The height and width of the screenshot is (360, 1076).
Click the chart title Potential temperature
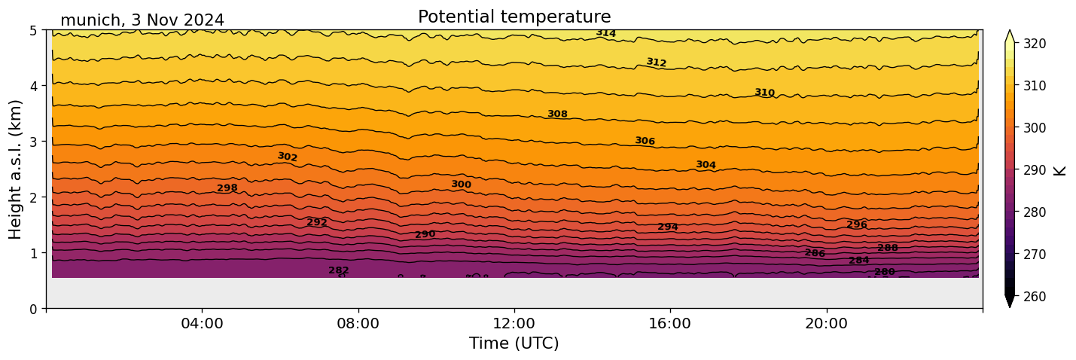(x=514, y=17)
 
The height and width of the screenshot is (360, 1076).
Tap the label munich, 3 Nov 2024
(x=142, y=20)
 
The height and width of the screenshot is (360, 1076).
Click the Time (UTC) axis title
(x=514, y=343)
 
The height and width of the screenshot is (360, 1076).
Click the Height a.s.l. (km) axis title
(x=16, y=169)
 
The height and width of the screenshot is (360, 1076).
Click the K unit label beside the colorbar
(x=1060, y=170)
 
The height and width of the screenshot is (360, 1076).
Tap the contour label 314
(x=606, y=33)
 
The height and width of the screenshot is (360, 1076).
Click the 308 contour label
(x=557, y=114)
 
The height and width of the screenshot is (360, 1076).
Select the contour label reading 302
(x=288, y=157)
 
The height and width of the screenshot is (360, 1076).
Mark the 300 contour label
(x=461, y=185)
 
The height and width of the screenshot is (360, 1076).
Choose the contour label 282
(x=339, y=270)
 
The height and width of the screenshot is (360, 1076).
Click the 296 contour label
(x=857, y=224)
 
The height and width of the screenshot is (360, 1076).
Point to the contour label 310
(x=764, y=93)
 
